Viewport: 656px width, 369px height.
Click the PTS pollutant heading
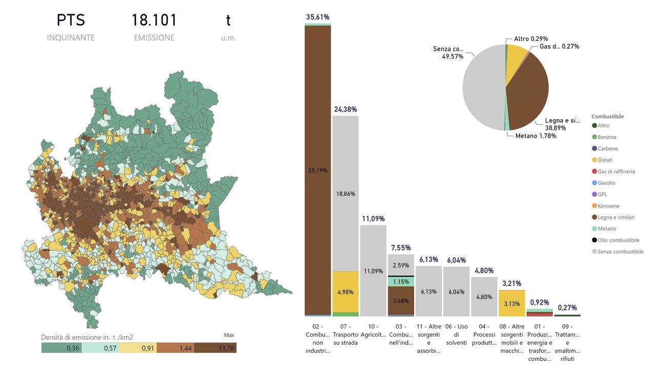[x=71, y=20]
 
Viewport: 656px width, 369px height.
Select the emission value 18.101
[x=154, y=20]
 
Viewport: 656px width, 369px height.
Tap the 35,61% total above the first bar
[x=318, y=17]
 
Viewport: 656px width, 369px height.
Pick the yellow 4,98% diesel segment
[x=345, y=292]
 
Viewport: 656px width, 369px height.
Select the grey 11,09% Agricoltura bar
[x=373, y=271]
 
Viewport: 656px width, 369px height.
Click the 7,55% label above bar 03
[x=401, y=248]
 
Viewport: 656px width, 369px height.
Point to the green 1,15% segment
[x=401, y=281]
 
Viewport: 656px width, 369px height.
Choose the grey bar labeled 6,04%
[x=456, y=291]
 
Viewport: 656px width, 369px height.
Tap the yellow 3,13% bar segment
[x=511, y=303]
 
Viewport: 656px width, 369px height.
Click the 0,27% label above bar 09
[x=567, y=307]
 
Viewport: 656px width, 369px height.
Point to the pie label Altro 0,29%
[x=531, y=38]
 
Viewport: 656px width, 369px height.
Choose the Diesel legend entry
[x=605, y=160]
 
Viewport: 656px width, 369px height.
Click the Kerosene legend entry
[x=608, y=206]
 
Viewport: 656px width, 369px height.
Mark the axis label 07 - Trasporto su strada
[x=345, y=334]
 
